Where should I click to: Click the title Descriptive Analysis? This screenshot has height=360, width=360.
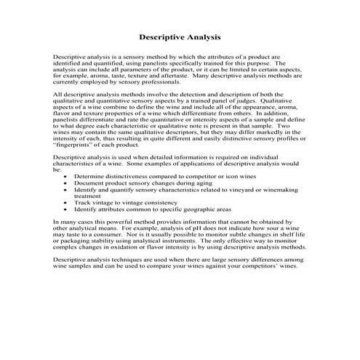click(180, 36)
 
